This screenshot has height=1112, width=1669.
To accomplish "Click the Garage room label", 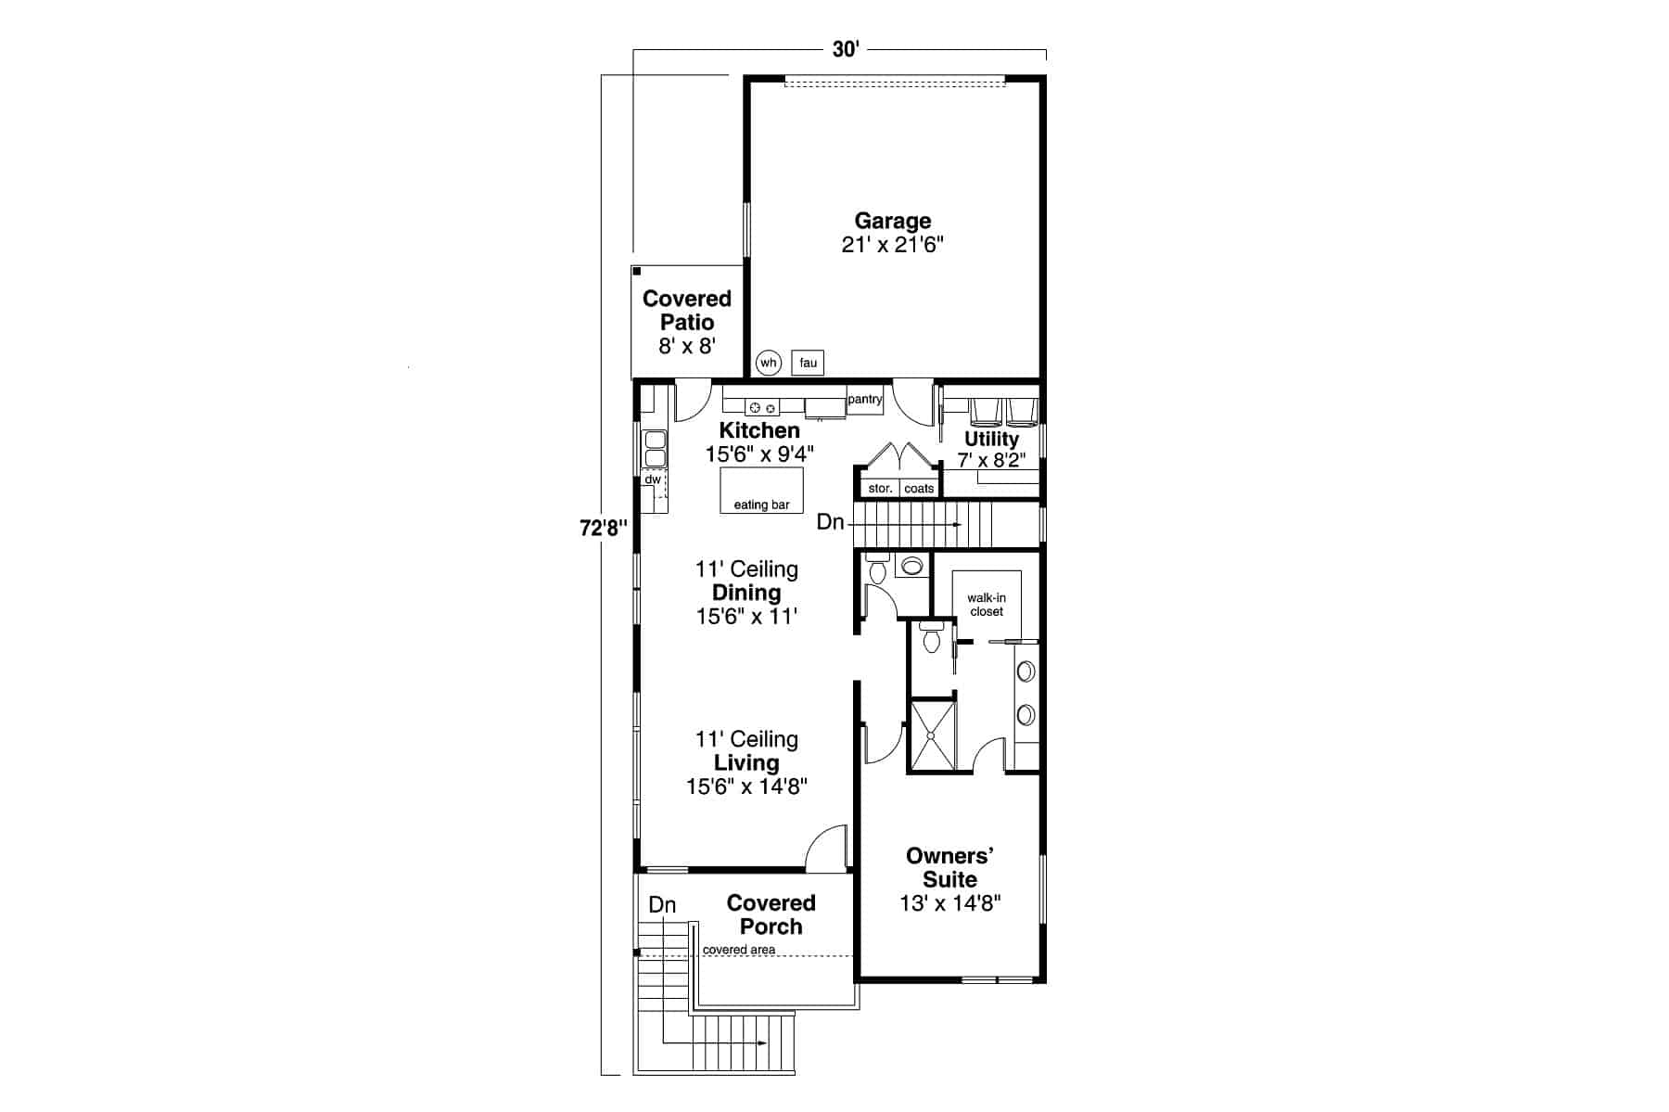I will [892, 221].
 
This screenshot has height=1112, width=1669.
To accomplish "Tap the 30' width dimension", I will [845, 50].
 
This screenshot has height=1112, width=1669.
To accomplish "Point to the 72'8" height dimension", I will [604, 528].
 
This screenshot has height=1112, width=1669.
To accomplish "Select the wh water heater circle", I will [769, 363].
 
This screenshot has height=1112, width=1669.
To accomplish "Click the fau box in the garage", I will [808, 363].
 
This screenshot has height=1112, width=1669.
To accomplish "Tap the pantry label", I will [864, 400].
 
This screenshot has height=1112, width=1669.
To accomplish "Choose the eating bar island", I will [761, 490].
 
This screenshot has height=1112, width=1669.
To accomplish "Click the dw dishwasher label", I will [653, 479].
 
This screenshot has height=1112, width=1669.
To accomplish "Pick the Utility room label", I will [991, 439].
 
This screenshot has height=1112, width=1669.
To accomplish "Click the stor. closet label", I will [880, 489].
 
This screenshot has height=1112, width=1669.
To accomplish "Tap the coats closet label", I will [919, 489].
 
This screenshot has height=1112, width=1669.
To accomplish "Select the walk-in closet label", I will [987, 605].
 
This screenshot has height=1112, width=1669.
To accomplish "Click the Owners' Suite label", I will [949, 867].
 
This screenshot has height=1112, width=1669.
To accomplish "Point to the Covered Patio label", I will [687, 311].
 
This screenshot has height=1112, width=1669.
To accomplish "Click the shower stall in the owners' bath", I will [932, 735].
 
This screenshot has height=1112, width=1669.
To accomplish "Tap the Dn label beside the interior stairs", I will [830, 523].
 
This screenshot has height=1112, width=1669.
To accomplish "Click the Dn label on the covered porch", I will [662, 904].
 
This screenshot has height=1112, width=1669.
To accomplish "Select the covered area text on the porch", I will [739, 950].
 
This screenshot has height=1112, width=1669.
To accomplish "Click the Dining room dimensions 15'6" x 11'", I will [746, 616].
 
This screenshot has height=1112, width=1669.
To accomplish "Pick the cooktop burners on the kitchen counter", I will [762, 407].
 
